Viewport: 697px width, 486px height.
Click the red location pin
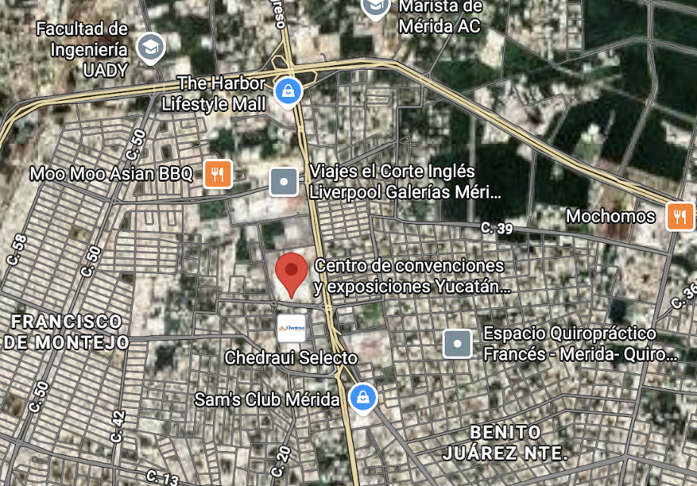[x=291, y=273]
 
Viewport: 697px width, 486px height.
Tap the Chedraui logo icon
[x=292, y=328]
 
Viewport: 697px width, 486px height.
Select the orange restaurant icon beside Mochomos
[x=680, y=217]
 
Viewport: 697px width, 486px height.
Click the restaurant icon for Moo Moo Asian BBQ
[x=217, y=174]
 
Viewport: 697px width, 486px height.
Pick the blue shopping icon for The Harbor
[x=288, y=92]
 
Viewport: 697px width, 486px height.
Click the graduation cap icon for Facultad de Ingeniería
[x=150, y=48]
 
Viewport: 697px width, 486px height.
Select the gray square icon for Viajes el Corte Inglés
[x=284, y=182]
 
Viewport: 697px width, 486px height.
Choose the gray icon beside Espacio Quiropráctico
[x=458, y=344]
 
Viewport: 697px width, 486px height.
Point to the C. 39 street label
[x=497, y=228]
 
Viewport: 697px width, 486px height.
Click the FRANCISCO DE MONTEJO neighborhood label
[x=67, y=332]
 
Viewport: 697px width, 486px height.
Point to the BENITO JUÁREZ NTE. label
[x=505, y=443]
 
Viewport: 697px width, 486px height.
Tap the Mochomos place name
[x=611, y=217]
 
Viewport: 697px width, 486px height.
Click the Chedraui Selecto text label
[x=291, y=357]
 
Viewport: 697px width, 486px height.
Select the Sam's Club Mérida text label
[x=267, y=398]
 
